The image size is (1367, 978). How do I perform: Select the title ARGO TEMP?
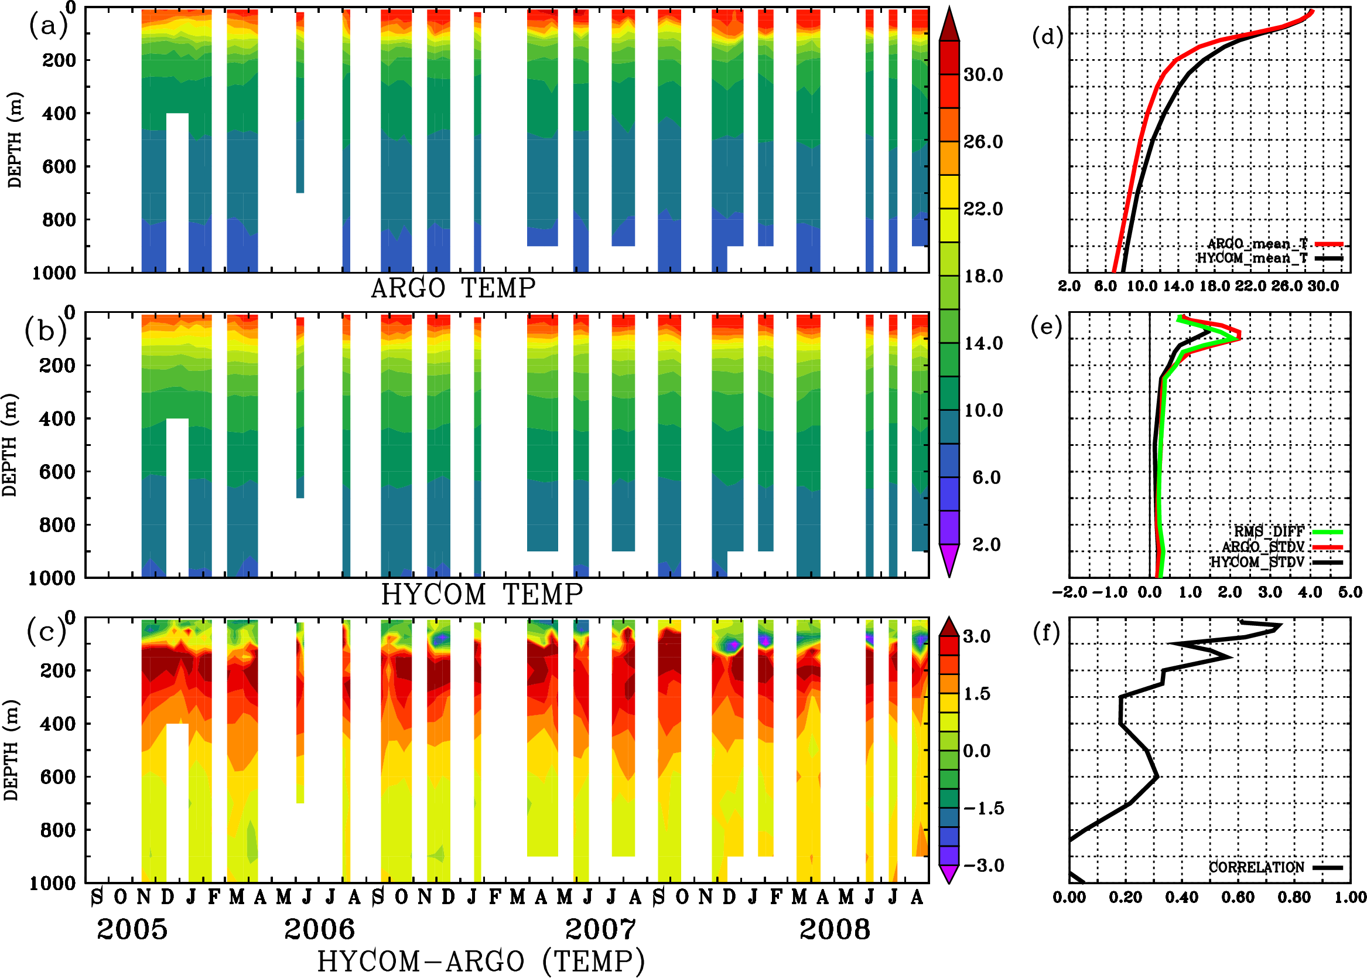[453, 288]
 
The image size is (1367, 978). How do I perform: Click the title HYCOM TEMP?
[481, 594]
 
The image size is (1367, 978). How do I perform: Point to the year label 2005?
[132, 929]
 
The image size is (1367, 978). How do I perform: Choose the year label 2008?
[834, 929]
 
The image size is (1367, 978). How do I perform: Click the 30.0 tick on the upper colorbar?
[983, 74]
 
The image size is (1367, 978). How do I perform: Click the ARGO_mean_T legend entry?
[1257, 244]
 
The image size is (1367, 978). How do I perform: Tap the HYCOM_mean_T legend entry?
[1252, 258]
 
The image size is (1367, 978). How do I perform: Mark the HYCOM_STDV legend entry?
[1257, 562]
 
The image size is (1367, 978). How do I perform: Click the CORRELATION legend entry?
[1257, 867]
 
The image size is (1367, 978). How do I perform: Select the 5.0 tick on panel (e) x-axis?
[1350, 592]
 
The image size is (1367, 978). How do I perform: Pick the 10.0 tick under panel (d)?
[1142, 286]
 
